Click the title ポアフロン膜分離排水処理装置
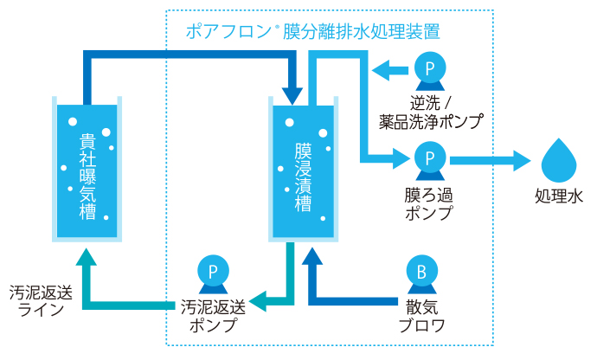(x=313, y=33)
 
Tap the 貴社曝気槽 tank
(x=87, y=170)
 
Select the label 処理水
(x=559, y=196)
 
